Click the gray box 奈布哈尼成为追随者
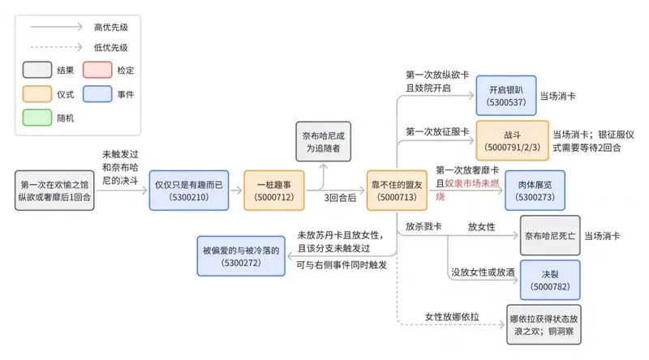pyautogui.click(x=323, y=142)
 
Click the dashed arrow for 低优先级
pyautogui.click(x=57, y=48)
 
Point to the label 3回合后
pyautogui.click(x=337, y=199)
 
